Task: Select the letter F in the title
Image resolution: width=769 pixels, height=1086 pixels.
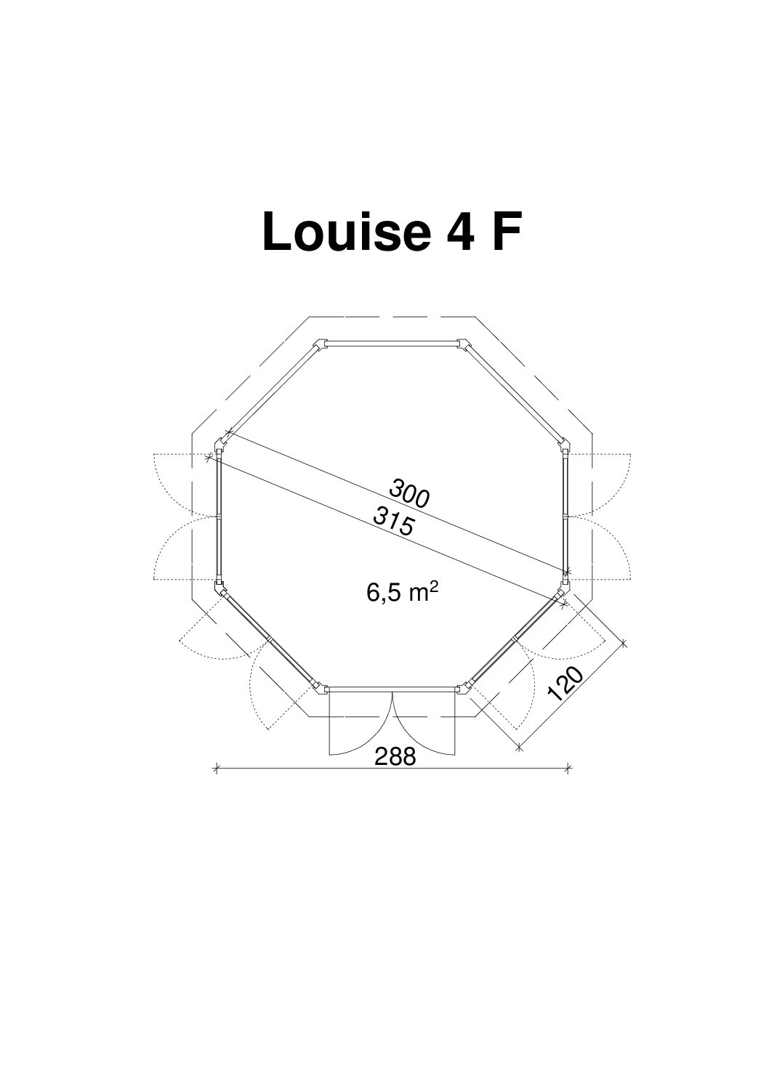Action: point(507,232)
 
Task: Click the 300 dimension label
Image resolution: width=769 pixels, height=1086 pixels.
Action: point(409,493)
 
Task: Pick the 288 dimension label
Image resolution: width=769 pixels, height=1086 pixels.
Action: point(395,756)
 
